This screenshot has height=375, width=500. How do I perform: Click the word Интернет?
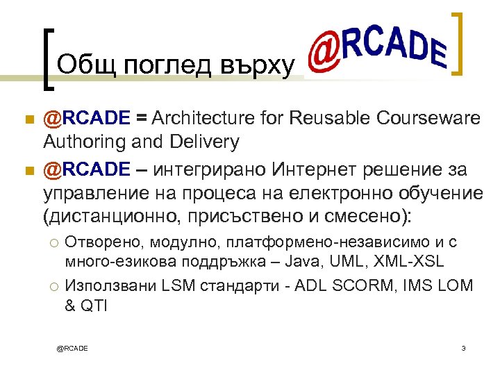tap(314, 169)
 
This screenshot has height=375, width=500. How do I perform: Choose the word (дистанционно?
tap(112, 216)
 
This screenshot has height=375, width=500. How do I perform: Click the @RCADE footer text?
tap(72, 348)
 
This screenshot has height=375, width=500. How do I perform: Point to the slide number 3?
tap(462, 348)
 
